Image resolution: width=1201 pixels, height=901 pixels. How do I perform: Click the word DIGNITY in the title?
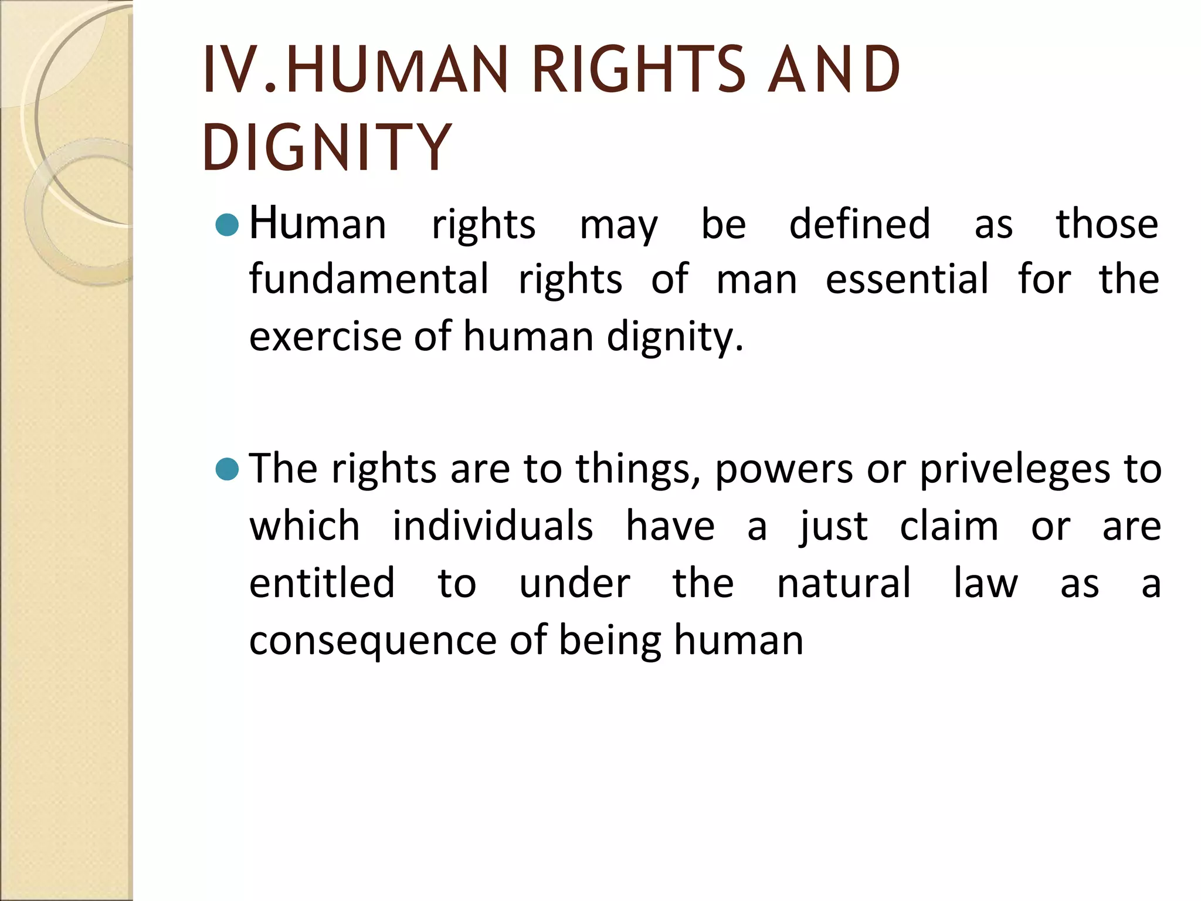(x=327, y=147)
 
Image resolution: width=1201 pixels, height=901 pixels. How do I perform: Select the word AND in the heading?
(x=833, y=70)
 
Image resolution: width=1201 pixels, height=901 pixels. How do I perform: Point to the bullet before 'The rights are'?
(x=227, y=469)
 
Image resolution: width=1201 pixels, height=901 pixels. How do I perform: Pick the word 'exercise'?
(x=325, y=337)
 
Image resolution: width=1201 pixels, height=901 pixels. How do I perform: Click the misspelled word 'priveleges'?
(x=1015, y=470)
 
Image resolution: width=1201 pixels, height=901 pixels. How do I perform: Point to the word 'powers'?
(x=784, y=470)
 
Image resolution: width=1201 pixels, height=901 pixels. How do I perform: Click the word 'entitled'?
(x=322, y=583)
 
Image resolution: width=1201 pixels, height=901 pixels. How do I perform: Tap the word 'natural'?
(x=844, y=583)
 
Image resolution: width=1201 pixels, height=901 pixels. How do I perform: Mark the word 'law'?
(x=985, y=583)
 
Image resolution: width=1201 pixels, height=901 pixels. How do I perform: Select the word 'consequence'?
(x=373, y=641)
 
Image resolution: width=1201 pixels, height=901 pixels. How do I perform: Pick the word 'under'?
(x=574, y=583)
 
